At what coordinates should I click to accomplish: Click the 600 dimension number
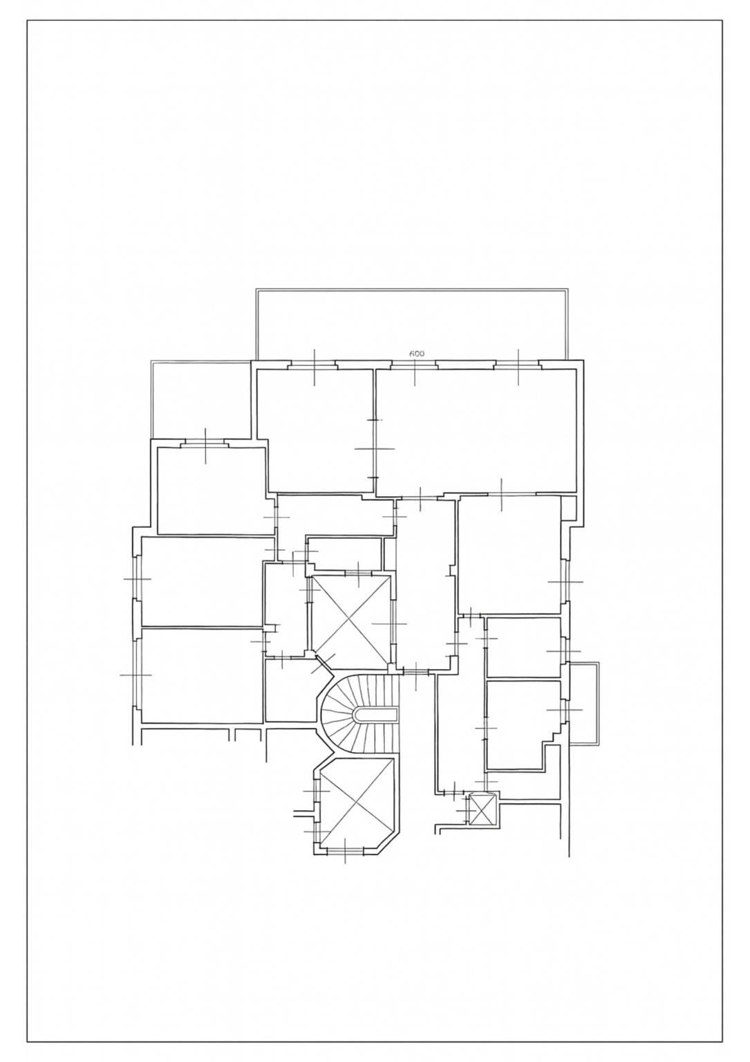click(x=416, y=354)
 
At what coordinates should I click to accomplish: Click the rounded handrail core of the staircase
click(x=376, y=714)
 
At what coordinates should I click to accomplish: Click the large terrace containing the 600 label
click(x=411, y=324)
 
